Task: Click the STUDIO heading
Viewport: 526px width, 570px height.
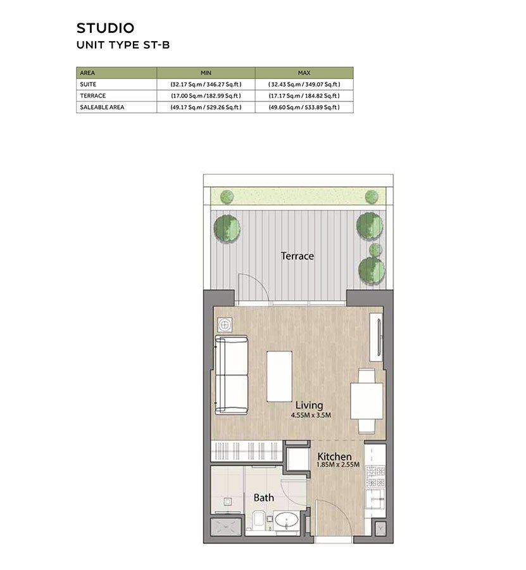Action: [x=105, y=28]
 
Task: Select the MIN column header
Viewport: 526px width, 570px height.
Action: [x=206, y=73]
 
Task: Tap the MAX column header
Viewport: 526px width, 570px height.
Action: [x=304, y=73]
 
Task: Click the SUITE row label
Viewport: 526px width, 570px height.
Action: [x=88, y=84]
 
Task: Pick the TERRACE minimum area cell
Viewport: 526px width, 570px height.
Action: [x=206, y=96]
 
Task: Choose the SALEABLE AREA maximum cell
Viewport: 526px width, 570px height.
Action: [x=304, y=107]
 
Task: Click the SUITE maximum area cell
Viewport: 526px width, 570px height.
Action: [x=304, y=84]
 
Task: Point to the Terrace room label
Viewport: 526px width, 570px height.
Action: [x=297, y=256]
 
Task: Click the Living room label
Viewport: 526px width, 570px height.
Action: [x=309, y=405]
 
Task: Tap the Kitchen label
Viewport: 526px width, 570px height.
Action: [x=335, y=456]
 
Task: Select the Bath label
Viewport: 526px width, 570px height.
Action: [x=264, y=497]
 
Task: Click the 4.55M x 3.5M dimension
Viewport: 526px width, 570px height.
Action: [x=311, y=415]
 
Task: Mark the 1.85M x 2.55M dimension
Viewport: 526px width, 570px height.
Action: [x=338, y=465]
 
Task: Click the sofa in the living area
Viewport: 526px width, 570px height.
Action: [x=232, y=375]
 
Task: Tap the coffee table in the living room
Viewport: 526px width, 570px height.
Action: [x=279, y=376]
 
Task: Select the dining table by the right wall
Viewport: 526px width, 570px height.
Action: [x=366, y=401]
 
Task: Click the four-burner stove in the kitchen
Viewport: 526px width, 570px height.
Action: [x=375, y=477]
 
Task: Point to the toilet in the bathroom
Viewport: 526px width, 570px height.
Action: [x=259, y=519]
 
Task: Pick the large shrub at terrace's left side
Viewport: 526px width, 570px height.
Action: [x=227, y=228]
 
